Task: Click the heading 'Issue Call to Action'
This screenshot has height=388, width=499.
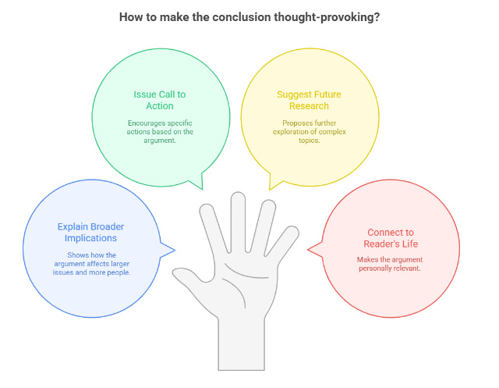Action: tap(159, 100)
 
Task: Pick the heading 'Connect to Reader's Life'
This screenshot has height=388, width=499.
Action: tap(390, 238)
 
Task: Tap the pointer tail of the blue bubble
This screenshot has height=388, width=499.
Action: tap(168, 250)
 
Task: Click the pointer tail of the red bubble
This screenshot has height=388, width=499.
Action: tap(315, 250)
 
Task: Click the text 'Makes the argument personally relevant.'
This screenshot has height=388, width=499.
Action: tap(390, 264)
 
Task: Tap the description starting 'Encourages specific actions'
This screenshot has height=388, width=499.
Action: tap(159, 132)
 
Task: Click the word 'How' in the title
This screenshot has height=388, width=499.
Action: tap(132, 17)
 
